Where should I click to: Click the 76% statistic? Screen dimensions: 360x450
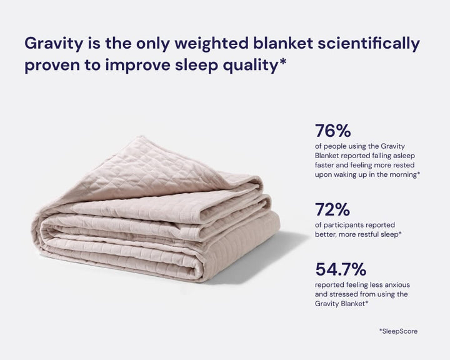[x=333, y=131]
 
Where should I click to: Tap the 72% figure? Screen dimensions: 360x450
[x=332, y=209]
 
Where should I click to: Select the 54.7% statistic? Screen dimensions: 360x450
[x=341, y=270]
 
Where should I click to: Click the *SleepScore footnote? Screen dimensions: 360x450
[x=398, y=331]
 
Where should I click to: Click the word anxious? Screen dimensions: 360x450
[x=395, y=285]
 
